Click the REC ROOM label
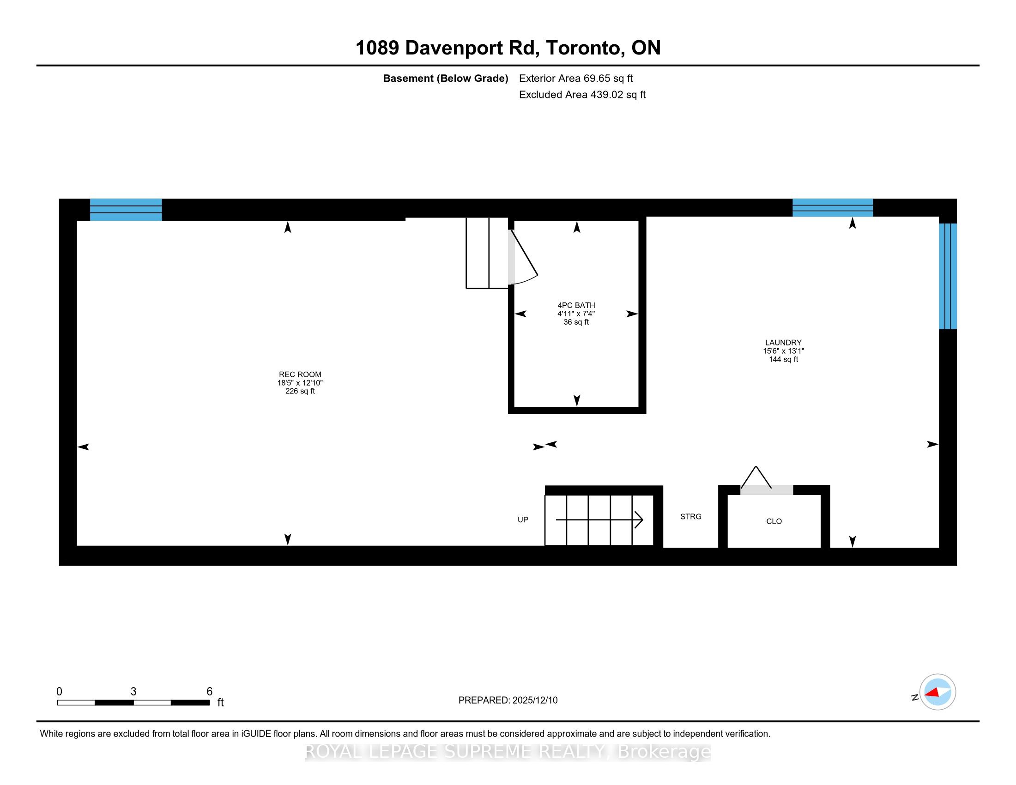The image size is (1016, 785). (300, 374)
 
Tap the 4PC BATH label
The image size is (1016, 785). (576, 306)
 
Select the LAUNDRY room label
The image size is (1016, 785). (783, 343)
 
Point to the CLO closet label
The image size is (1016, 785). (774, 521)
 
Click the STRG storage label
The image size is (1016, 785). (691, 516)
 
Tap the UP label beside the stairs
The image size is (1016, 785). (523, 519)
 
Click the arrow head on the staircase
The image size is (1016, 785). (639, 519)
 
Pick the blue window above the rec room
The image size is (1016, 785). (126, 210)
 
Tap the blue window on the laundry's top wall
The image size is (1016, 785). (833, 208)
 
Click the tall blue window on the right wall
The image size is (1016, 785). (948, 276)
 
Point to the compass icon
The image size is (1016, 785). (937, 692)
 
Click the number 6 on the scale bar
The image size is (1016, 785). (209, 692)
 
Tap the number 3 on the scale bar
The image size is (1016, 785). (133, 692)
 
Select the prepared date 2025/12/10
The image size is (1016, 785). (534, 700)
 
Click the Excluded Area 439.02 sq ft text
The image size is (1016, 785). (582, 95)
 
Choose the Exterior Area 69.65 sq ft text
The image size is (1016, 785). (576, 78)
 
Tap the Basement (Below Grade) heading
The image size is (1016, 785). (445, 78)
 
